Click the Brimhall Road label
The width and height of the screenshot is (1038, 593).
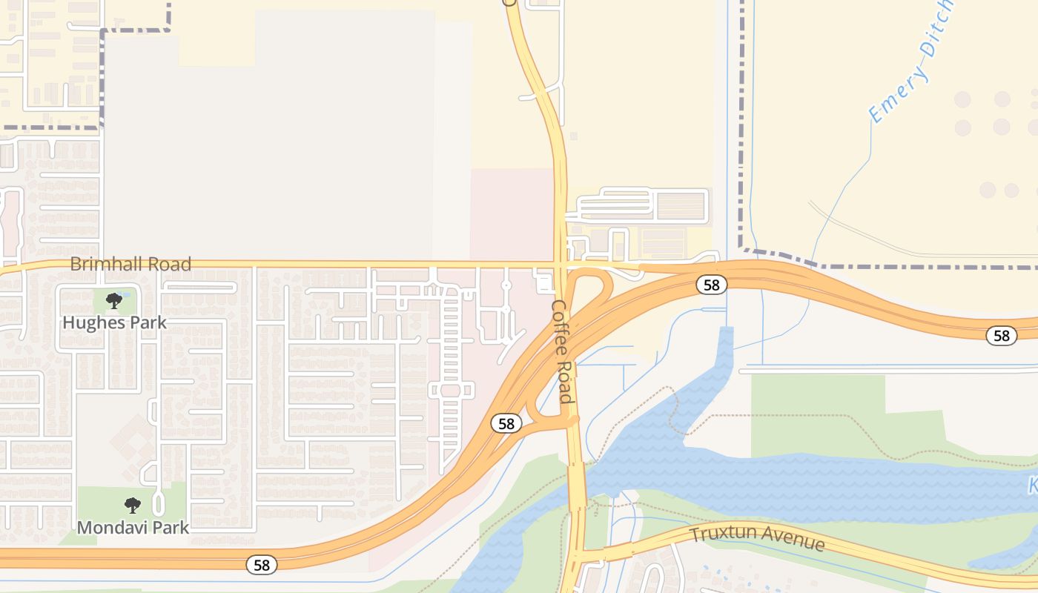(130, 264)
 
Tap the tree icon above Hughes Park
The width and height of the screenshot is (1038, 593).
(113, 300)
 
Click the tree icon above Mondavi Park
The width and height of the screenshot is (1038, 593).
(133, 506)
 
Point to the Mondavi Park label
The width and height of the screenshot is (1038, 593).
(133, 528)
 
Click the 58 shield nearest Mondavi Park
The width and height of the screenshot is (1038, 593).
(261, 565)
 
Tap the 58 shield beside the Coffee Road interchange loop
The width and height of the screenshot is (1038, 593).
(506, 423)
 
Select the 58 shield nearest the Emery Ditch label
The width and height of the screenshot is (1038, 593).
(1001, 336)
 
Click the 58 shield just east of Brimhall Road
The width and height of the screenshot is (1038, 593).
(711, 285)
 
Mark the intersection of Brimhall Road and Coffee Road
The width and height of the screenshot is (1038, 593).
(561, 264)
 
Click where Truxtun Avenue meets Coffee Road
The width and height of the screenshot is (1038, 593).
(578, 552)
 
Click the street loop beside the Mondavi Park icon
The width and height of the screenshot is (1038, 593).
(157, 505)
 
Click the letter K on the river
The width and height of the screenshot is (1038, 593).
(1032, 487)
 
